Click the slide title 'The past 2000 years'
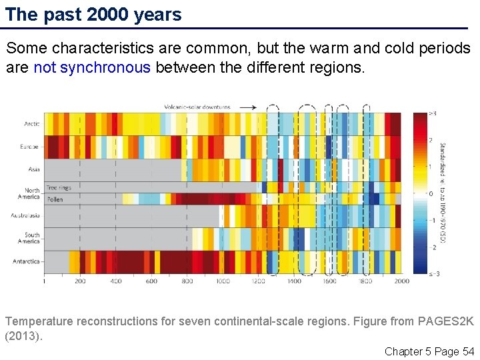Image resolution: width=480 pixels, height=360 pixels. click(x=93, y=15)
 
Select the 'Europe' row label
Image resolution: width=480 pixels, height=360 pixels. click(x=29, y=146)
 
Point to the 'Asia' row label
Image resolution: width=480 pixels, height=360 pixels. click(x=33, y=169)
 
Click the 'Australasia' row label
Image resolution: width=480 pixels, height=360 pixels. click(x=25, y=215)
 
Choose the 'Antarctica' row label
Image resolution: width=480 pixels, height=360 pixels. click(x=26, y=261)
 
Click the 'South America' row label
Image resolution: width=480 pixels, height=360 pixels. click(x=32, y=238)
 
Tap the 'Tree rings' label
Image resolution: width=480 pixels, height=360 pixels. click(x=58, y=188)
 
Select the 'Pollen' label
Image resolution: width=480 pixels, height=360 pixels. click(x=54, y=197)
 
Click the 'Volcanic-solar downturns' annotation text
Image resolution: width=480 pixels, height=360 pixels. click(x=197, y=107)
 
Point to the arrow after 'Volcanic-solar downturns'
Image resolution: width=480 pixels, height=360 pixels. click(x=248, y=107)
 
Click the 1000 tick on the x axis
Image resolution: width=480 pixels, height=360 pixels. click(x=222, y=281)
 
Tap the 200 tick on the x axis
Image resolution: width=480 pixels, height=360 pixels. click(x=80, y=281)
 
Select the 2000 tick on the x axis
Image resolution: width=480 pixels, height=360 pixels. click(x=401, y=281)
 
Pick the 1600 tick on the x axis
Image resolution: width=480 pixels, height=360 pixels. click(x=329, y=281)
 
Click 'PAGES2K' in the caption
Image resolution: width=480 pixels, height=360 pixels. click(x=441, y=321)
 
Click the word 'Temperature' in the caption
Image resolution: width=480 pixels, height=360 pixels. click(x=38, y=321)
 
